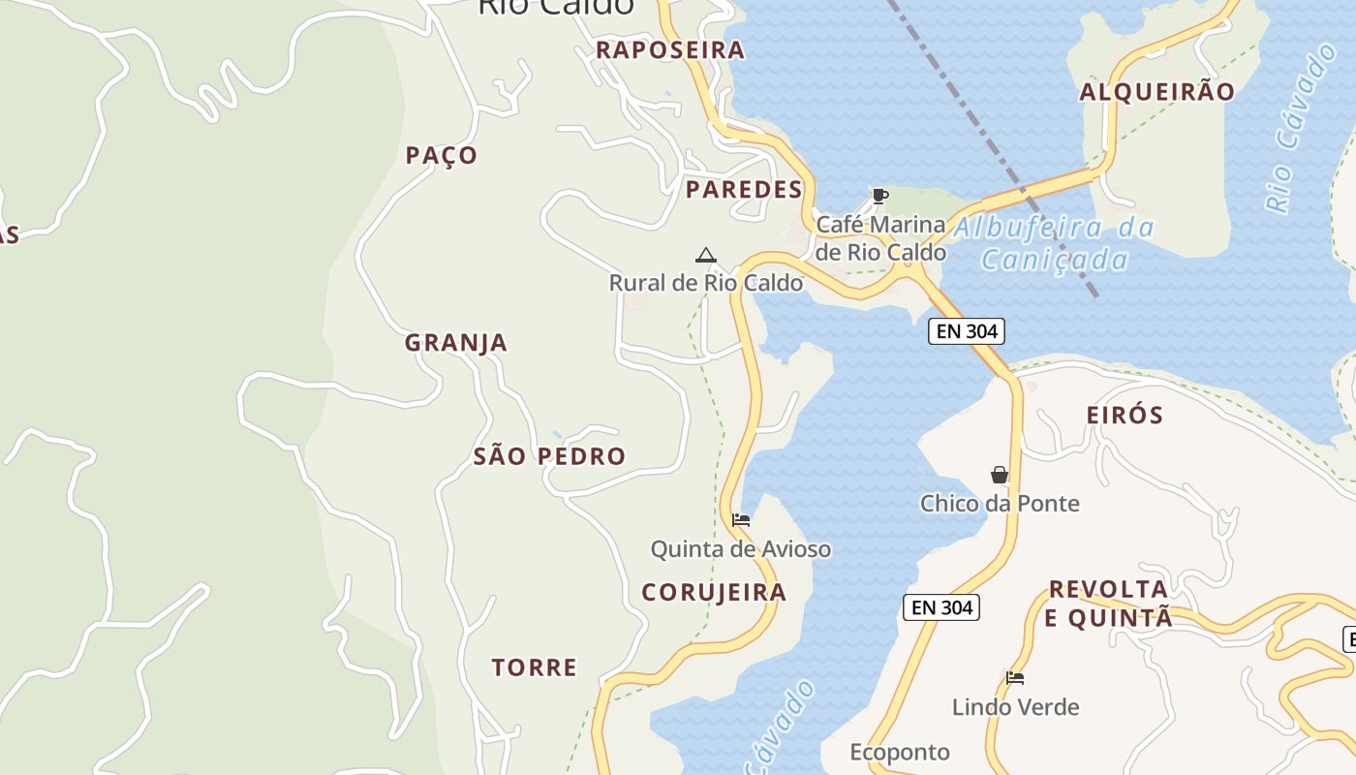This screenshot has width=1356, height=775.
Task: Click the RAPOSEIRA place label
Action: pos(670,50)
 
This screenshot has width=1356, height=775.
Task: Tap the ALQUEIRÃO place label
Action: pos(1157,92)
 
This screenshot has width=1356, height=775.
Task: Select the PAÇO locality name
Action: pos(442,156)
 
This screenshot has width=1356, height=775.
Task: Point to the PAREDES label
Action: pos(744,190)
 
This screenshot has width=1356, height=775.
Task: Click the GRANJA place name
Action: pos(456,343)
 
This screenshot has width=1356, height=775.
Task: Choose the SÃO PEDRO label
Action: pos(549,456)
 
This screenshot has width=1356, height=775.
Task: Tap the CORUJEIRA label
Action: pos(714,593)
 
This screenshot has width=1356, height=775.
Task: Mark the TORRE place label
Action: pos(534,667)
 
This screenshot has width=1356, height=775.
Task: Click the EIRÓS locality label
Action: pos(1125,416)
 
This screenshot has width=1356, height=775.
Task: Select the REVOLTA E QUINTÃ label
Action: pos(1109,604)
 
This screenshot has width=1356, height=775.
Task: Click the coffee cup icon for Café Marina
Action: pos(879,197)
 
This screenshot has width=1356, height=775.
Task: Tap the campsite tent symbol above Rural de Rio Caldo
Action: pos(706,256)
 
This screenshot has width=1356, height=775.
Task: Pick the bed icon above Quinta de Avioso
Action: pos(741,520)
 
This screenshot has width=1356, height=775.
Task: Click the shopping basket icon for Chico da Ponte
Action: pos(1000,475)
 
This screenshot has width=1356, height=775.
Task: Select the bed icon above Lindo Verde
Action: pos(1015,678)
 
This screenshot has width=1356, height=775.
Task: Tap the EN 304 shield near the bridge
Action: pos(967,331)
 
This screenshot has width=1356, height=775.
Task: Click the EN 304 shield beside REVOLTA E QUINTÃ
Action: pos(942,607)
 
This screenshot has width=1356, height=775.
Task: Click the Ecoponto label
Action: pos(900,752)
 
